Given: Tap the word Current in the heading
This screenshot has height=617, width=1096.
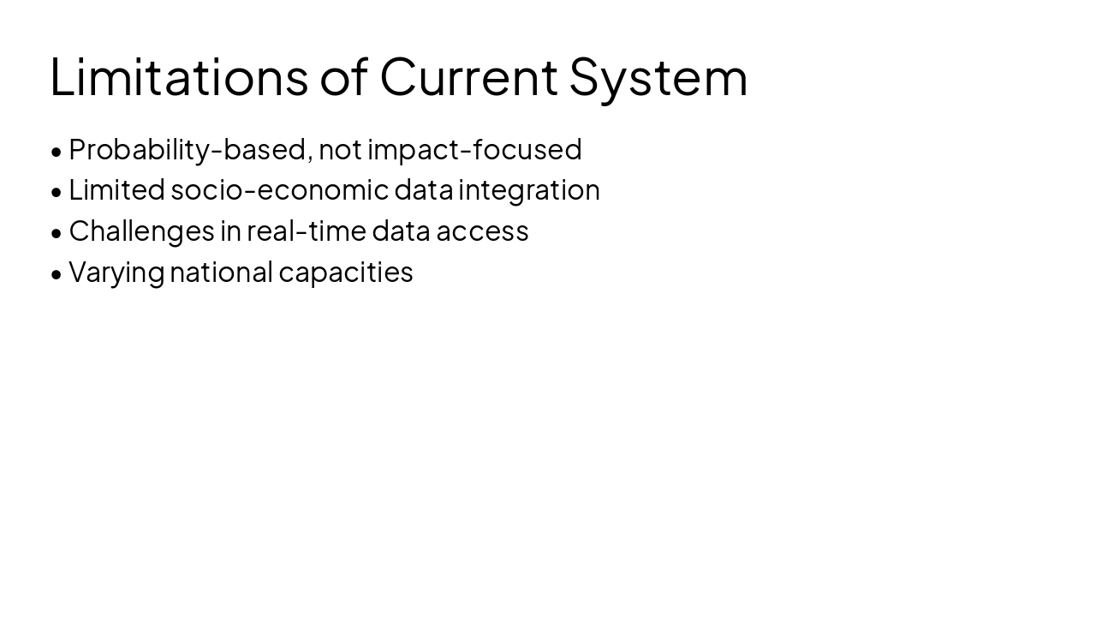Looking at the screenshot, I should (468, 76).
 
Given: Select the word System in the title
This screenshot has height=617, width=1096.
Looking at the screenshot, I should (658, 76).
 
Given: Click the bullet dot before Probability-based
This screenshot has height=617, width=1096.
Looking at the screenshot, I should (57, 152).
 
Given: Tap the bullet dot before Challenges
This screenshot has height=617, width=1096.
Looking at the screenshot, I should (57, 233).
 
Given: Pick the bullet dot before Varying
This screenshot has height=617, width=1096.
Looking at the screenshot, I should (57, 274).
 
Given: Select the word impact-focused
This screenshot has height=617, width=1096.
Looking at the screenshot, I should (474, 149).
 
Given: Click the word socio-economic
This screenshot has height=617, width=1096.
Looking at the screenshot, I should (279, 189).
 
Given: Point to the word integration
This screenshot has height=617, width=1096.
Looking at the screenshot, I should (529, 189).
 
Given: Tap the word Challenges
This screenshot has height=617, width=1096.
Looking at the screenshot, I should (141, 231).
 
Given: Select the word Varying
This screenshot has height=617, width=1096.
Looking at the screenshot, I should (116, 272).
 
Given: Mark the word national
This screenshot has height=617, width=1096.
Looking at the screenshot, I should (221, 272).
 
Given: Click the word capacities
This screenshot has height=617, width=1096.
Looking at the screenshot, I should (346, 272).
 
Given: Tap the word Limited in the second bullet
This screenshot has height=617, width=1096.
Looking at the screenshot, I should (116, 189).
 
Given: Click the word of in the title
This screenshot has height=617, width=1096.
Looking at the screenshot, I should (345, 76).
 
